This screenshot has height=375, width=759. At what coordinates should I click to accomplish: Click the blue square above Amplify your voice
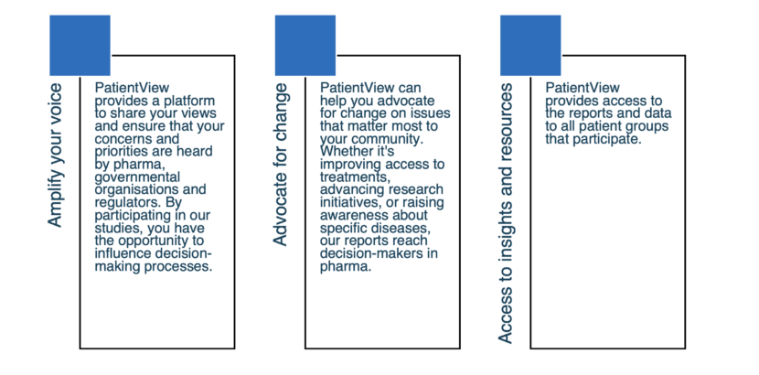click(80, 46)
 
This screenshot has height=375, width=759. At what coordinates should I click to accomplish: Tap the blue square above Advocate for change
click(305, 46)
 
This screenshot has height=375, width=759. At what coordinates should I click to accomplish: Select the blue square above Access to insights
click(530, 46)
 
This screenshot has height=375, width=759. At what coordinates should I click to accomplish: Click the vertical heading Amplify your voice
click(55, 155)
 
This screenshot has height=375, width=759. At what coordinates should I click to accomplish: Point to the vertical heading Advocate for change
click(281, 165)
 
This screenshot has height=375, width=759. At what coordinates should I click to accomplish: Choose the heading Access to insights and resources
click(506, 213)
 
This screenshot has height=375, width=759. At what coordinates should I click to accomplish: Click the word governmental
click(137, 177)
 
